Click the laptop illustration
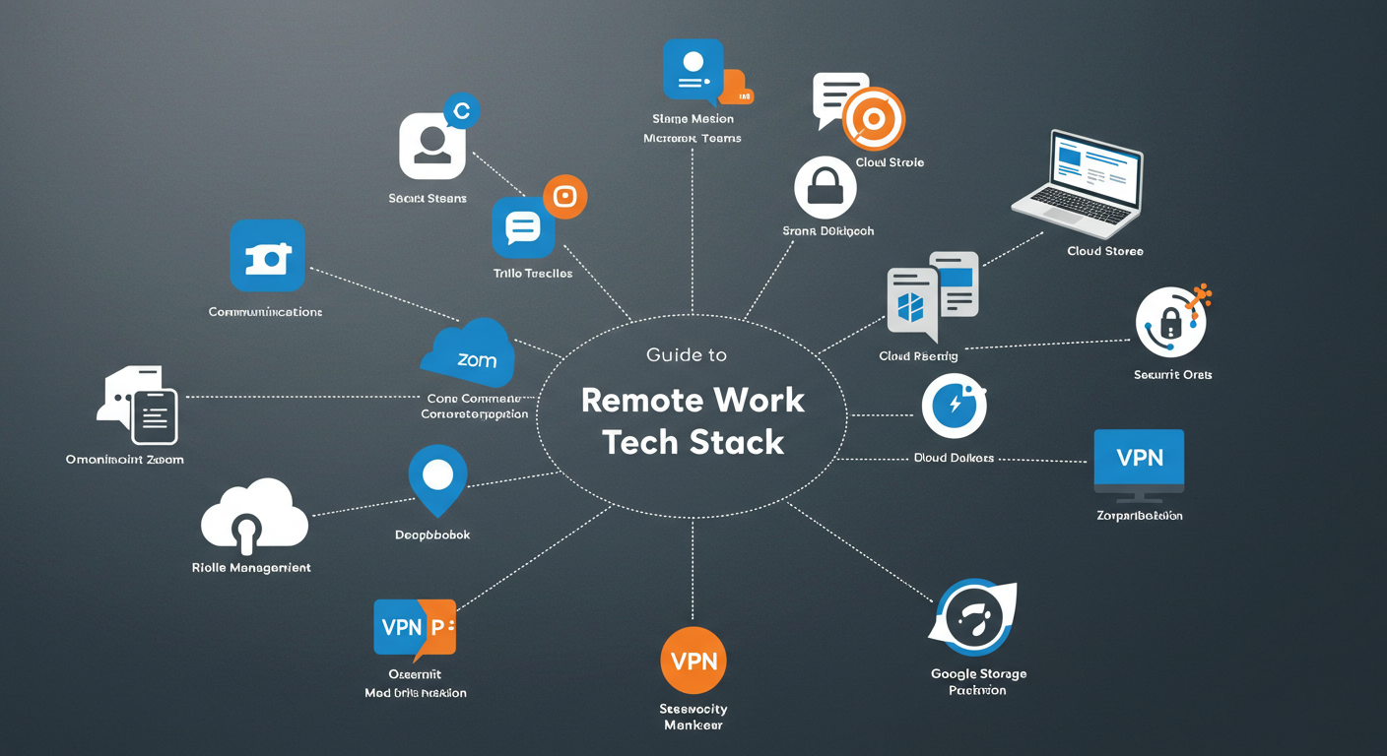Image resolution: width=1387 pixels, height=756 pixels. pos(1078,181)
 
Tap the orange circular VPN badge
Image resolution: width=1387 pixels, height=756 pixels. pos(693,661)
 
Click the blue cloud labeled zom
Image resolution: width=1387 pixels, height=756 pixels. pos(470,355)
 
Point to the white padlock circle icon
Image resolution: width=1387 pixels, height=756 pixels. pos(825,187)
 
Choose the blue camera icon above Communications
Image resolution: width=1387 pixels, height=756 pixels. pos(267,256)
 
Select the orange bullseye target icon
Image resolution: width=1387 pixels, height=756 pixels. pos(873,119)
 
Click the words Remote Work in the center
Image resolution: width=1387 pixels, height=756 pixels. pos(693,400)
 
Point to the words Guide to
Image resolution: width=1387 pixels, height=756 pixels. pos(686,354)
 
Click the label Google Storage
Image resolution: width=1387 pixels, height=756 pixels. pos(978,674)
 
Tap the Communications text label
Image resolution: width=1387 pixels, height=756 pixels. pos(265,312)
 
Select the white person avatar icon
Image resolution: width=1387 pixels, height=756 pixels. pos(431,146)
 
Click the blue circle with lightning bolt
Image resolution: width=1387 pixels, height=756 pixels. pos(953,406)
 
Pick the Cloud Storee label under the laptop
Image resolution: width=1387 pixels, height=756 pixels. pos(1104,251)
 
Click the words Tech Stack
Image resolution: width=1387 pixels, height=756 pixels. pos(693,442)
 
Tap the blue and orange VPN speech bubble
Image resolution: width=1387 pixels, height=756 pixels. pos(414,628)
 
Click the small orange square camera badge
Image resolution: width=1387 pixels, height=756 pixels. pos(564,197)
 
